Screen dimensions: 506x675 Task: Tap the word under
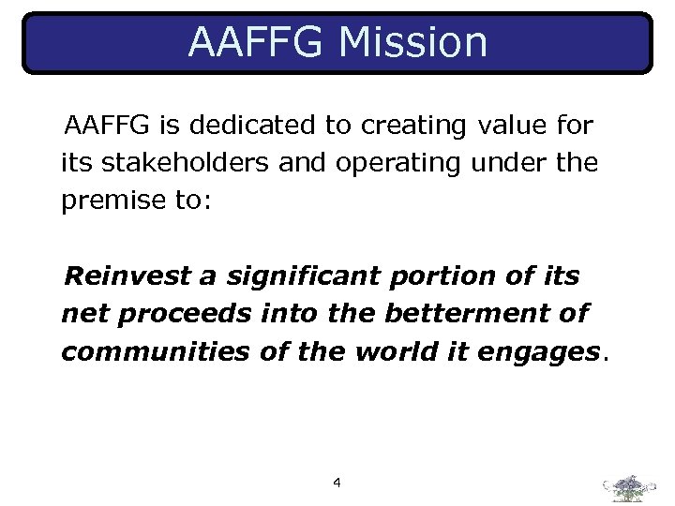(517, 163)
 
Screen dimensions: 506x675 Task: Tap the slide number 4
(337, 484)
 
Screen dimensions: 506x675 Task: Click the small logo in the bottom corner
(630, 488)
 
